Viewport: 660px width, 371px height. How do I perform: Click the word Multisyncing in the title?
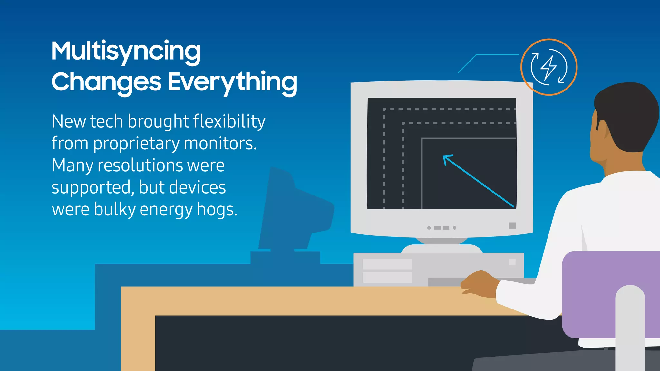126,52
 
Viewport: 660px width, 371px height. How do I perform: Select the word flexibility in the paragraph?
229,122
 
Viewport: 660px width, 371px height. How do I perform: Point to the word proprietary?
136,144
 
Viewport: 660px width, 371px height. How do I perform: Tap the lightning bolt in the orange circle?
548,67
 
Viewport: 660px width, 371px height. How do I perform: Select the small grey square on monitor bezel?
512,226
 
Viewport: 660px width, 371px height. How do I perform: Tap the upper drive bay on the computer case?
387,264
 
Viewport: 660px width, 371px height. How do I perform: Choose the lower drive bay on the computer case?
387,278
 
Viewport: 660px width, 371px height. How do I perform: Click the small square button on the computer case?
512,262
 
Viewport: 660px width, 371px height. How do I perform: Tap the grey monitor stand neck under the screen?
442,241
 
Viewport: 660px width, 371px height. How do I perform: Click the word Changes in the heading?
106,82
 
